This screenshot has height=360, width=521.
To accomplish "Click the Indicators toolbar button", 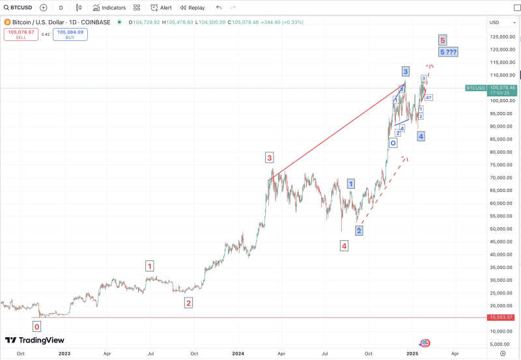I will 109,8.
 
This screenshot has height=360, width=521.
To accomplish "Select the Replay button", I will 191,8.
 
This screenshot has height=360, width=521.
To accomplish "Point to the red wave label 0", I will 37,327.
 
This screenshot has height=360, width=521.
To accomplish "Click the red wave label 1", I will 150,266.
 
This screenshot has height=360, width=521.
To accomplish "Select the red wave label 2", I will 188,303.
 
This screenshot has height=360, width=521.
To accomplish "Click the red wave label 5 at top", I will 442,39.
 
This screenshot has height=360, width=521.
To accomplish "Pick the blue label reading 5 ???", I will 448,51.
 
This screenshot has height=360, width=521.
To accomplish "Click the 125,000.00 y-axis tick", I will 503,36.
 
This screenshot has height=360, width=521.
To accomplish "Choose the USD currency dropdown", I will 496,23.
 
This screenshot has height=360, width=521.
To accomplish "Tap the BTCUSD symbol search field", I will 17,8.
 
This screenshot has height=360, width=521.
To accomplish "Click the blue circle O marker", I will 393,143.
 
